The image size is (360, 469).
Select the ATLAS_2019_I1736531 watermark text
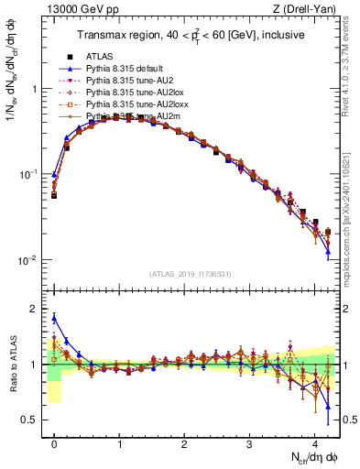[191, 274]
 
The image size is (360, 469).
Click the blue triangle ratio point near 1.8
[54, 318]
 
